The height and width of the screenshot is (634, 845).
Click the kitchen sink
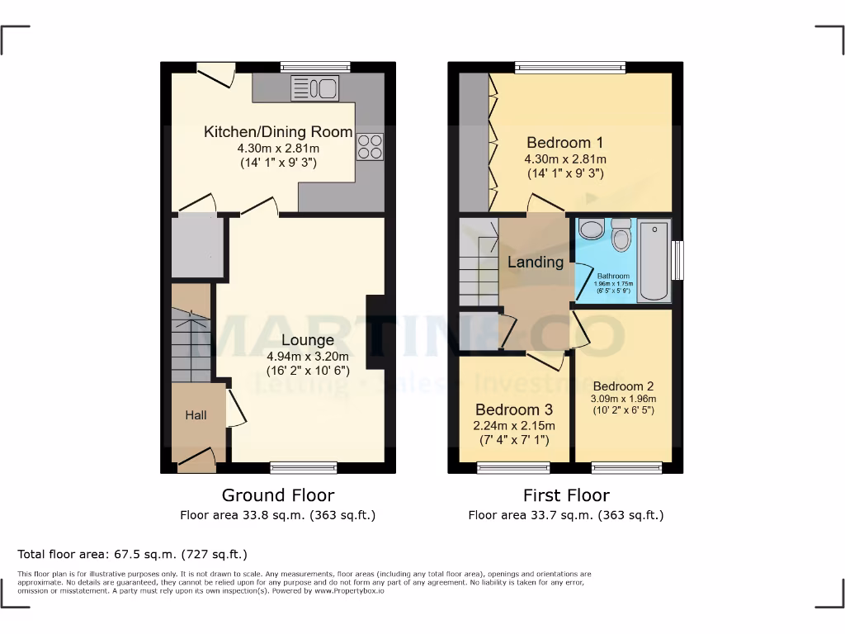314,88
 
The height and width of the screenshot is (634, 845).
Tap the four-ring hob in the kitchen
370,146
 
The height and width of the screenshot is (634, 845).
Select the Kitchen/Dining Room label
278,132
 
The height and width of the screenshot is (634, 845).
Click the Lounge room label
307,340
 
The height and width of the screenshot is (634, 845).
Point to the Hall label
196,415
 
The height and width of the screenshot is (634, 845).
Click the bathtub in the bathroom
654,260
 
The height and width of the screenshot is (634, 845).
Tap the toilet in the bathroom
621,234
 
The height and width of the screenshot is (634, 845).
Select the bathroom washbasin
591,229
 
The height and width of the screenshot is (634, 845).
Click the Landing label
535,263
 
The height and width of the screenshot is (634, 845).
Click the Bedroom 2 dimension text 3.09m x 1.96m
623,399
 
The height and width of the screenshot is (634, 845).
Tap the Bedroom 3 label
513,410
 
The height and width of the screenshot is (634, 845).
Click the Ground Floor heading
278,495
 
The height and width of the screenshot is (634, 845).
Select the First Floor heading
566,495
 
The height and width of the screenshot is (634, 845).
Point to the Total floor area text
132,554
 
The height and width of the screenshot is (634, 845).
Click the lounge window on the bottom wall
304,467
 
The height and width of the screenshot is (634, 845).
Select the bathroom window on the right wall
678,260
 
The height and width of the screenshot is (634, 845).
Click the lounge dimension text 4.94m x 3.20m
307,357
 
